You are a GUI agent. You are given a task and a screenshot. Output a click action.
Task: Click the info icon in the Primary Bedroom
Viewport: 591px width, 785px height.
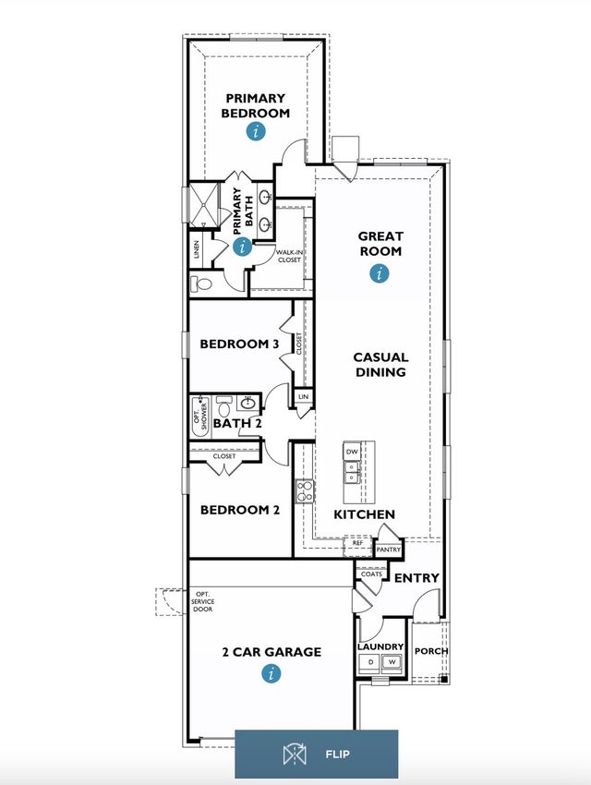pyautogui.click(x=256, y=132)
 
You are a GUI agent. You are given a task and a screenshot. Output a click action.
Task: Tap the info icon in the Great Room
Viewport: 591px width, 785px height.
pyautogui.click(x=380, y=273)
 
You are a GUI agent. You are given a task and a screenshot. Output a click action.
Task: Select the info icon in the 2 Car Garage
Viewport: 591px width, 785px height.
pyautogui.click(x=271, y=673)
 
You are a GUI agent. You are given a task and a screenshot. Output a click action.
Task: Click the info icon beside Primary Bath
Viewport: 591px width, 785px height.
pyautogui.click(x=243, y=247)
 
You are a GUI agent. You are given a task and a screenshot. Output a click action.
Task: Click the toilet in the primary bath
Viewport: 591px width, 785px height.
pyautogui.click(x=201, y=284)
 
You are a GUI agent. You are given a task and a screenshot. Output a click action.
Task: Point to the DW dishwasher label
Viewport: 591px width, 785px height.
pyautogui.click(x=352, y=452)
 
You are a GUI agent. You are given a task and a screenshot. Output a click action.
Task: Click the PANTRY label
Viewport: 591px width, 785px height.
pyautogui.click(x=389, y=549)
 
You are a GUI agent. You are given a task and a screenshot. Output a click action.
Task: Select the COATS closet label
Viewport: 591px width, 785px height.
pyautogui.click(x=371, y=574)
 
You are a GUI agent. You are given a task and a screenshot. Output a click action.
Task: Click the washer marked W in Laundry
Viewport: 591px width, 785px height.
pyautogui.click(x=392, y=662)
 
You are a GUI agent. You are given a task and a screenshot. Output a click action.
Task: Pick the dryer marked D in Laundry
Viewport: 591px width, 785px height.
pyautogui.click(x=371, y=662)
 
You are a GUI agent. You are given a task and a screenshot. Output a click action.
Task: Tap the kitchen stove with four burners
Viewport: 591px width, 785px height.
pyautogui.click(x=304, y=491)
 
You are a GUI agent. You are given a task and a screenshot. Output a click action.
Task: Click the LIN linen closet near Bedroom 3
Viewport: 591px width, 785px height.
pyautogui.click(x=303, y=396)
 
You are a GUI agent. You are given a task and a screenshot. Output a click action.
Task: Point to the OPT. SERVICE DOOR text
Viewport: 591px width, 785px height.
pyautogui.click(x=203, y=601)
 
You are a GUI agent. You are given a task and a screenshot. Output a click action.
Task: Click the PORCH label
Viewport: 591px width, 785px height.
pyautogui.click(x=431, y=651)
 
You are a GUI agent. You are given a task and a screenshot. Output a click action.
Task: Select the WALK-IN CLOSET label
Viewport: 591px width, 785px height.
pyautogui.click(x=289, y=257)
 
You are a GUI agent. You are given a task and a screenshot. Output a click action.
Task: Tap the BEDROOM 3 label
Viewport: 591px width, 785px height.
pyautogui.click(x=239, y=344)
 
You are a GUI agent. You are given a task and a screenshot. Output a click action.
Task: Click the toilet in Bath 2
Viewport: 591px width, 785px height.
pyautogui.click(x=224, y=406)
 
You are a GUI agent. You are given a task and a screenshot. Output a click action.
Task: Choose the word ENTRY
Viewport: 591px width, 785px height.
pyautogui.click(x=416, y=578)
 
